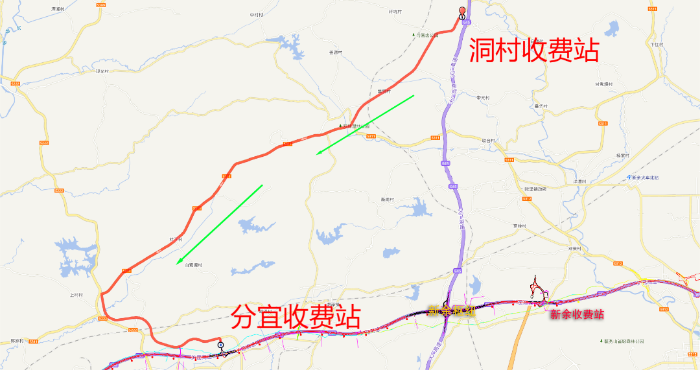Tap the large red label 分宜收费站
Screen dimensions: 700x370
pos(296,317)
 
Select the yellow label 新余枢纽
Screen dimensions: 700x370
pos(451,311)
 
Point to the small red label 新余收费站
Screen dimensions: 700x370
pos(576,315)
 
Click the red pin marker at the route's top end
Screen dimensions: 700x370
pos(462,11)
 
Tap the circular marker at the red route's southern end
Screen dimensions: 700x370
pos(220,345)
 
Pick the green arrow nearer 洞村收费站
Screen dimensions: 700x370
pos(365,125)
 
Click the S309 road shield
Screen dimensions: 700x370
pos(100,5)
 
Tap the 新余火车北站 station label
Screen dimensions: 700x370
pos(644,178)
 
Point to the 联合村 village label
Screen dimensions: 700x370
pos(488,141)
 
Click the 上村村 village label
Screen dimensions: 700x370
pos(76,295)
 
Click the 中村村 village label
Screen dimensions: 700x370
pos(257,15)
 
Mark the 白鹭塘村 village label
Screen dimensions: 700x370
pos(194,265)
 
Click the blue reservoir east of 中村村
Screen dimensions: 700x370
pos(290,45)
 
